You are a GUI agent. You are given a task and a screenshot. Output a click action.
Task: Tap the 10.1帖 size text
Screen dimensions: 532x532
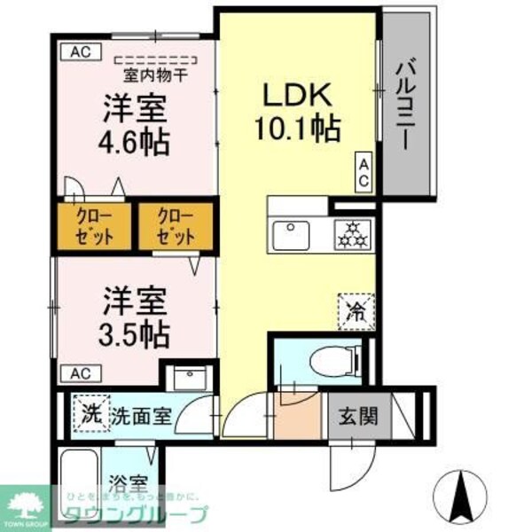click(x=298, y=130)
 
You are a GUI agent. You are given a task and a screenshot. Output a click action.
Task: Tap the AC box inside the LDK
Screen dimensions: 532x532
click(x=364, y=171)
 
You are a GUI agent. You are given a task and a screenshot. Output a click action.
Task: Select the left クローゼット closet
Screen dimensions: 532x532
click(x=94, y=226)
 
